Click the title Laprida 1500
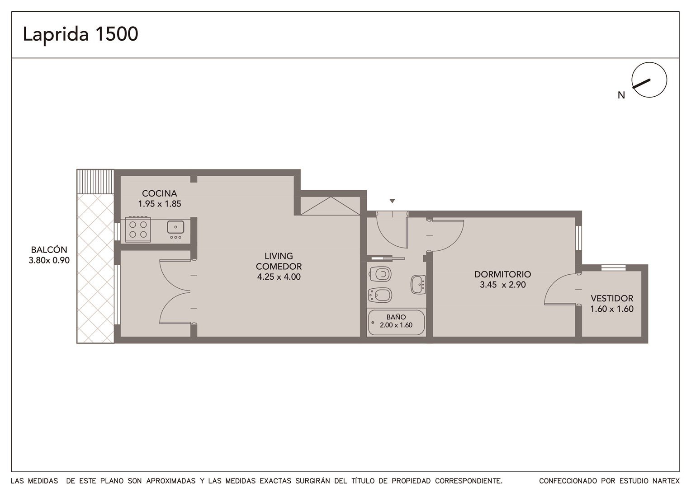point(80,34)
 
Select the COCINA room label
point(160,193)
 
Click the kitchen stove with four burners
point(138,230)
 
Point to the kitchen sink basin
point(175,227)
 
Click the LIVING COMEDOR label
point(279,261)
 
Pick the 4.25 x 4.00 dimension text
point(279,277)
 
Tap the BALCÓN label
point(49,249)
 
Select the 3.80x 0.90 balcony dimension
point(49,260)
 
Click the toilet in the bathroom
point(380,274)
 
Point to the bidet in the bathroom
point(380,295)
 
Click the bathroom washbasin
point(418,285)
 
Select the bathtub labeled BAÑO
point(397,323)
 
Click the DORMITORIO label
point(502,274)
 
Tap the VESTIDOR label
point(612,298)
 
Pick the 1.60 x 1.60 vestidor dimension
point(612,309)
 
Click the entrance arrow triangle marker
point(392,201)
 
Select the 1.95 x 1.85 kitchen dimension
point(160,204)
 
